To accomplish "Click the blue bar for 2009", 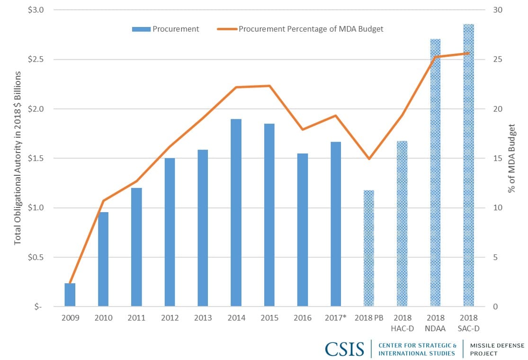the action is click(x=70, y=295).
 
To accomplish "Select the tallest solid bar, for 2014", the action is click(x=236, y=213).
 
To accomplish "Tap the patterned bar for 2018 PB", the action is click(x=369, y=248).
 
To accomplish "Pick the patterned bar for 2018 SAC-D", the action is click(x=468, y=165).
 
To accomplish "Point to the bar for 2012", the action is click(x=170, y=233).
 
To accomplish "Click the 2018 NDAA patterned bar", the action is click(x=435, y=173).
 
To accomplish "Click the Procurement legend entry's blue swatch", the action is click(x=141, y=29).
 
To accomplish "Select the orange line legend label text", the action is click(x=311, y=29).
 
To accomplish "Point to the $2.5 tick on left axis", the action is click(x=36, y=59).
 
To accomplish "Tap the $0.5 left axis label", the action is click(x=36, y=257).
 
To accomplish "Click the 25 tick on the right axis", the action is click(x=498, y=59).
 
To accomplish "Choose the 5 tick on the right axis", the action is click(x=495, y=257).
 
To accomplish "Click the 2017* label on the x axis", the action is click(x=335, y=317).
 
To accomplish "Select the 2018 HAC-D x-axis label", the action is click(x=403, y=323).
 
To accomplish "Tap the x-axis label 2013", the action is click(x=203, y=317).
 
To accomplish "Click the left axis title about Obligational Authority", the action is click(x=18, y=158).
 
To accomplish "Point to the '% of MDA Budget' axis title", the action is click(x=512, y=158).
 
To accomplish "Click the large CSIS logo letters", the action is click(x=344, y=349).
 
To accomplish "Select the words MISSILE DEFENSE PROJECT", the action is click(x=497, y=349).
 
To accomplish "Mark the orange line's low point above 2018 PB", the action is click(x=369, y=159).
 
